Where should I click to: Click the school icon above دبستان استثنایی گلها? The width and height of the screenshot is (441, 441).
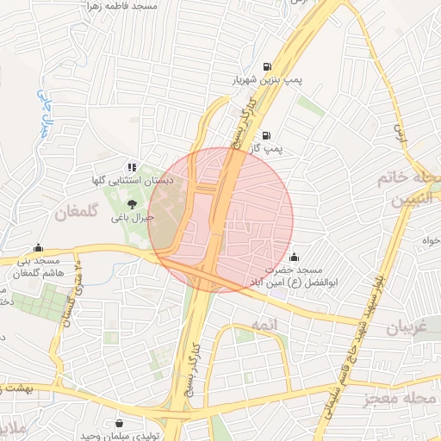pos(131,167)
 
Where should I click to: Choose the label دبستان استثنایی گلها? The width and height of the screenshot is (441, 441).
pos(134,181)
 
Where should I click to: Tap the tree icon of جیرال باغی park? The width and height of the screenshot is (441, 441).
pos(131,204)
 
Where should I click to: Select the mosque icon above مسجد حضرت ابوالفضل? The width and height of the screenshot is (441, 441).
pos(295,256)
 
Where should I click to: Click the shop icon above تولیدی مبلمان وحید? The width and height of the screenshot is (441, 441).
pos(118,422)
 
